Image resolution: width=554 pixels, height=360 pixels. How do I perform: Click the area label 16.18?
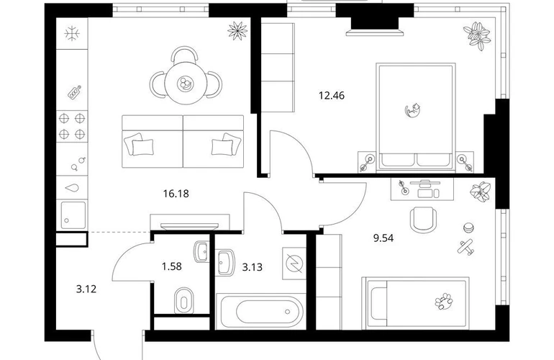(176, 194)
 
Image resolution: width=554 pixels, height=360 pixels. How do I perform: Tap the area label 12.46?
(332, 96)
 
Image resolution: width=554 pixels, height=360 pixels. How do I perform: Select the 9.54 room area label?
(383, 238)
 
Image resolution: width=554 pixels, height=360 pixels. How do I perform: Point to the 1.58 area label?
(172, 266)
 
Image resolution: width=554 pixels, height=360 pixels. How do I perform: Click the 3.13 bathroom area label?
(253, 267)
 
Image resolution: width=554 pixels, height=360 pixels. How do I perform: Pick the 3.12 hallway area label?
(86, 289)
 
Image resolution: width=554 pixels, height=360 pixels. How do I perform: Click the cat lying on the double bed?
(412, 109)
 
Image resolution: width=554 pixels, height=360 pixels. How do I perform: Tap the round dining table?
(186, 84)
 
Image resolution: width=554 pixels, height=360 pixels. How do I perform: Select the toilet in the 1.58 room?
(183, 300)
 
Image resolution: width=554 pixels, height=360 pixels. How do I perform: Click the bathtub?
(261, 312)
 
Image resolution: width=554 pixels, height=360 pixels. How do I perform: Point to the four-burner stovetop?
(72, 126)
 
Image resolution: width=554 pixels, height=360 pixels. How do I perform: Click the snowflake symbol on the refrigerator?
(72, 35)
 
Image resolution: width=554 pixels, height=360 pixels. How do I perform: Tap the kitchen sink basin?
(73, 215)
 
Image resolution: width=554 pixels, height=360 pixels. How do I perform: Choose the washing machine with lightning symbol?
(294, 264)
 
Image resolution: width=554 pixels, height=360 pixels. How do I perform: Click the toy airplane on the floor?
(466, 246)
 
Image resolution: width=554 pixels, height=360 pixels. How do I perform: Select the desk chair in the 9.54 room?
(422, 220)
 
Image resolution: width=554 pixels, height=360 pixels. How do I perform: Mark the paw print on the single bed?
(444, 301)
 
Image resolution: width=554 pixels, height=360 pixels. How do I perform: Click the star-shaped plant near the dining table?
(237, 30)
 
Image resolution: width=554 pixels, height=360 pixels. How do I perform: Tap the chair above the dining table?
(184, 54)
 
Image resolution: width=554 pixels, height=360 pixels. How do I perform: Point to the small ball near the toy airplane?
(468, 228)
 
